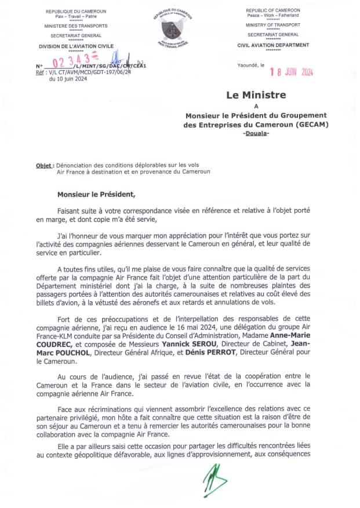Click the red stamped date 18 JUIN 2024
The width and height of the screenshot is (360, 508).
(x=292, y=72)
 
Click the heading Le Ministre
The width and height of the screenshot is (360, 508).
(x=256, y=95)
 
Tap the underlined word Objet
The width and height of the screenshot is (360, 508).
(x=44, y=165)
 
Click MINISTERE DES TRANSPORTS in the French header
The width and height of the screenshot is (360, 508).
(x=76, y=26)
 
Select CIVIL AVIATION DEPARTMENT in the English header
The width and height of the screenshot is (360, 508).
(x=273, y=45)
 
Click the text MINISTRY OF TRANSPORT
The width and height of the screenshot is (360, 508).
(x=273, y=25)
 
